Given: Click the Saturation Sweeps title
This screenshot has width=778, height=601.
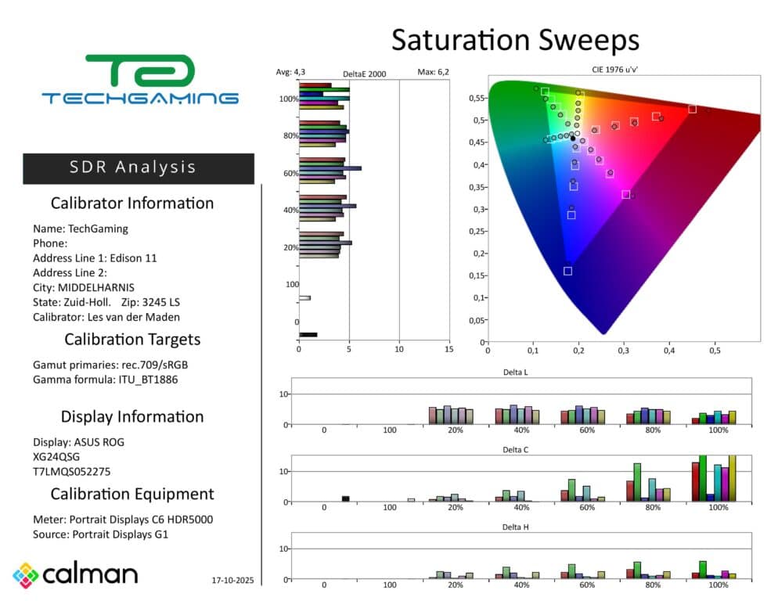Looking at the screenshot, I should pos(515,40).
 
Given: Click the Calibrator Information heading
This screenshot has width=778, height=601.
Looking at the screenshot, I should pos(131,203).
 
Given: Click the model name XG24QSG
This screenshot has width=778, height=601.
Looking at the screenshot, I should pos(56,456).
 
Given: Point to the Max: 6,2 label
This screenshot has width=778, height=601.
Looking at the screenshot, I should pos(433,72).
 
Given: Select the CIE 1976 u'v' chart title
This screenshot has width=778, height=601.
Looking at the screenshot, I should pos(623,70).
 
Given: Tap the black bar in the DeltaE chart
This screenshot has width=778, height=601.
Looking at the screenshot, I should pos(308,335).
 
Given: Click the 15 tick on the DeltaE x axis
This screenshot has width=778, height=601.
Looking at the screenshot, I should pos(449,349).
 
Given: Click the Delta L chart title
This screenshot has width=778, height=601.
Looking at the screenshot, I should pos(514,372).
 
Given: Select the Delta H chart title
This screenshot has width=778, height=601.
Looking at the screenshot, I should pos(514,527).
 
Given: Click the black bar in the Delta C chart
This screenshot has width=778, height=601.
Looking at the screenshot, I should pos(345,498).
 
